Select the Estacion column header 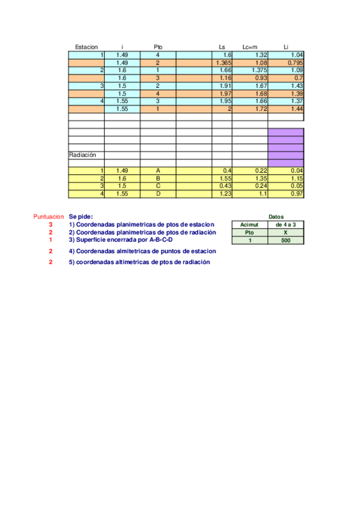(86, 47)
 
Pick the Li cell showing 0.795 (294, 63)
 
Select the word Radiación (82, 155)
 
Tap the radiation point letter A (157, 171)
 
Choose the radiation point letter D (157, 194)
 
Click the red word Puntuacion (48, 217)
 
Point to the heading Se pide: (81, 217)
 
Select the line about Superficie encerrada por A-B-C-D (121, 239)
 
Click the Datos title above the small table (276, 217)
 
